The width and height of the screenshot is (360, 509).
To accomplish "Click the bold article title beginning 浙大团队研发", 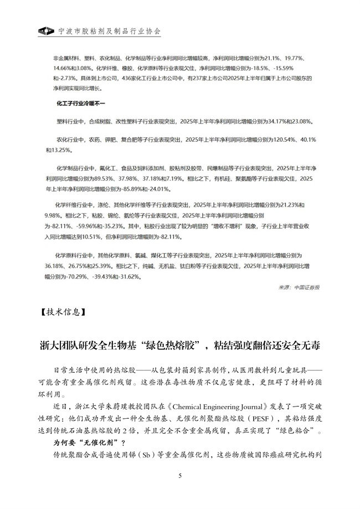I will (x=180, y=346).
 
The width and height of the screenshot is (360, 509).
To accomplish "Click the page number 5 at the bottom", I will (x=180, y=476).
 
